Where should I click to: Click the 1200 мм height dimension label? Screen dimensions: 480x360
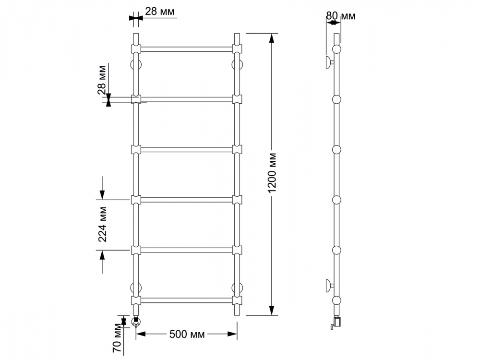(x=272, y=173)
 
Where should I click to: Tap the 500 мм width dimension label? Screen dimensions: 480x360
(x=187, y=334)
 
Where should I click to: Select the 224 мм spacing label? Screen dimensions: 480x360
(x=103, y=224)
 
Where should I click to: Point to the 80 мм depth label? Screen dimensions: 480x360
(x=341, y=16)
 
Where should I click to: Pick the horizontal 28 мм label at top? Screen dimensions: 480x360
(x=160, y=12)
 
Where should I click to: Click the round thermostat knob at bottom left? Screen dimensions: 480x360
(x=136, y=322)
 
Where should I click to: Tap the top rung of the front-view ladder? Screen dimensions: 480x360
(x=186, y=49)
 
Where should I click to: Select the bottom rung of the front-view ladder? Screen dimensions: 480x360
(x=186, y=300)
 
